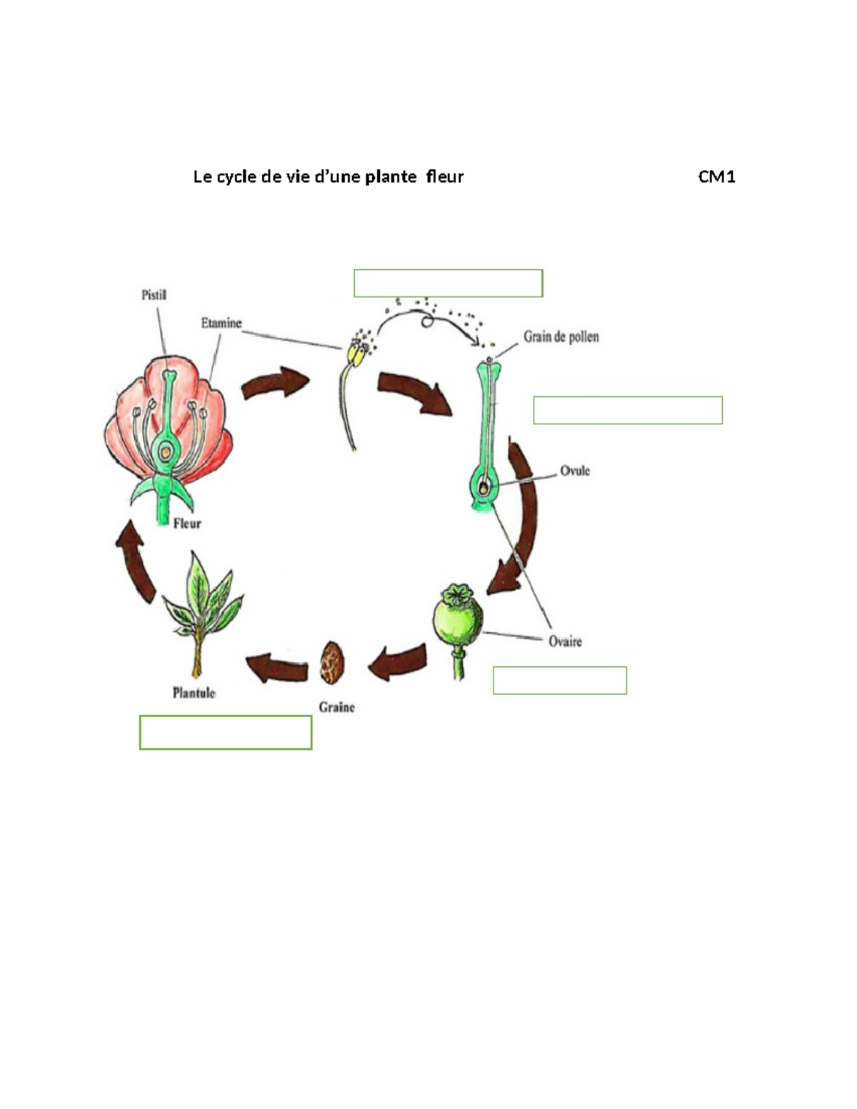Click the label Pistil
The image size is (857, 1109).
tap(154, 295)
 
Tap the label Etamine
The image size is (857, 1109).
tap(221, 323)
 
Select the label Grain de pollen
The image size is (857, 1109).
tap(561, 336)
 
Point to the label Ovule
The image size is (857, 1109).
tap(575, 471)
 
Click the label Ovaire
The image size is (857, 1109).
tap(565, 641)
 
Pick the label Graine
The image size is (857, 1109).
tap(337, 707)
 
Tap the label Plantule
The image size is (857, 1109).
tap(194, 692)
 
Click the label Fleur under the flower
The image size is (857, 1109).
tap(187, 523)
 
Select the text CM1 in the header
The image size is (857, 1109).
tap(716, 176)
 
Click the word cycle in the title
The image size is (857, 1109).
tap(237, 176)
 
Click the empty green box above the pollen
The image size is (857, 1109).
tap(448, 283)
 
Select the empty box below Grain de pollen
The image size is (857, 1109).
tap(628, 410)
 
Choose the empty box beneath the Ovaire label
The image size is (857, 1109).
tap(559, 680)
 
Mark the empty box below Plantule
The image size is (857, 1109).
tap(226, 732)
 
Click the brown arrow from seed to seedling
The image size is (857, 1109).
tap(277, 668)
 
